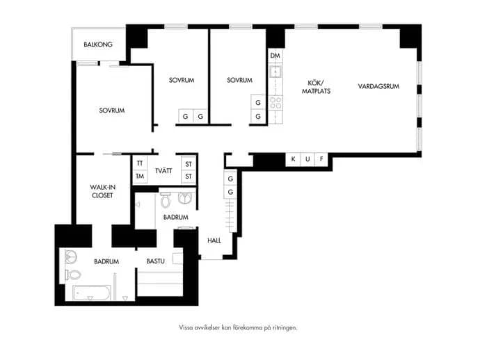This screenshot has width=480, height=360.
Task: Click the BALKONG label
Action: point(98,44)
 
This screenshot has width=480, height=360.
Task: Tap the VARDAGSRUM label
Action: point(378,86)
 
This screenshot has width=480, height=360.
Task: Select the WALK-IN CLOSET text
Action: point(102,191)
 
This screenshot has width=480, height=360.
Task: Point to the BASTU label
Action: point(156,261)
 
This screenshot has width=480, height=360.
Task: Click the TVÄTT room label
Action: point(163,171)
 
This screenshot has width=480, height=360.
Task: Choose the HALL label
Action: point(214,240)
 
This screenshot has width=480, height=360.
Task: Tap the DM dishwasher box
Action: point(275,56)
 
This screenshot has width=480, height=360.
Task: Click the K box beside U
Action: point(294,159)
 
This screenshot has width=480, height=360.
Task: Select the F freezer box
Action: point(321,159)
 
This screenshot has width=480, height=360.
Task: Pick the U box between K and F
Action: point(307,159)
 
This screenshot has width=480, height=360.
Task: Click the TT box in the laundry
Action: point(140,163)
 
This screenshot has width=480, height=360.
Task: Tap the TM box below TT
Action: point(140,176)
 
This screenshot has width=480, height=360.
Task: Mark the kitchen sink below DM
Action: point(275,72)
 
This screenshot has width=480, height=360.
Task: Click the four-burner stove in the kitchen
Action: point(275,103)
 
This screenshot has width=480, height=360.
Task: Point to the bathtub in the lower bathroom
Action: point(92,293)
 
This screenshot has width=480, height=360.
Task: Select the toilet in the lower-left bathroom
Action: point(73,275)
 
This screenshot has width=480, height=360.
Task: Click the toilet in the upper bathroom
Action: point(166,199)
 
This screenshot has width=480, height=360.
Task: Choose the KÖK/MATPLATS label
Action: point(317,87)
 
